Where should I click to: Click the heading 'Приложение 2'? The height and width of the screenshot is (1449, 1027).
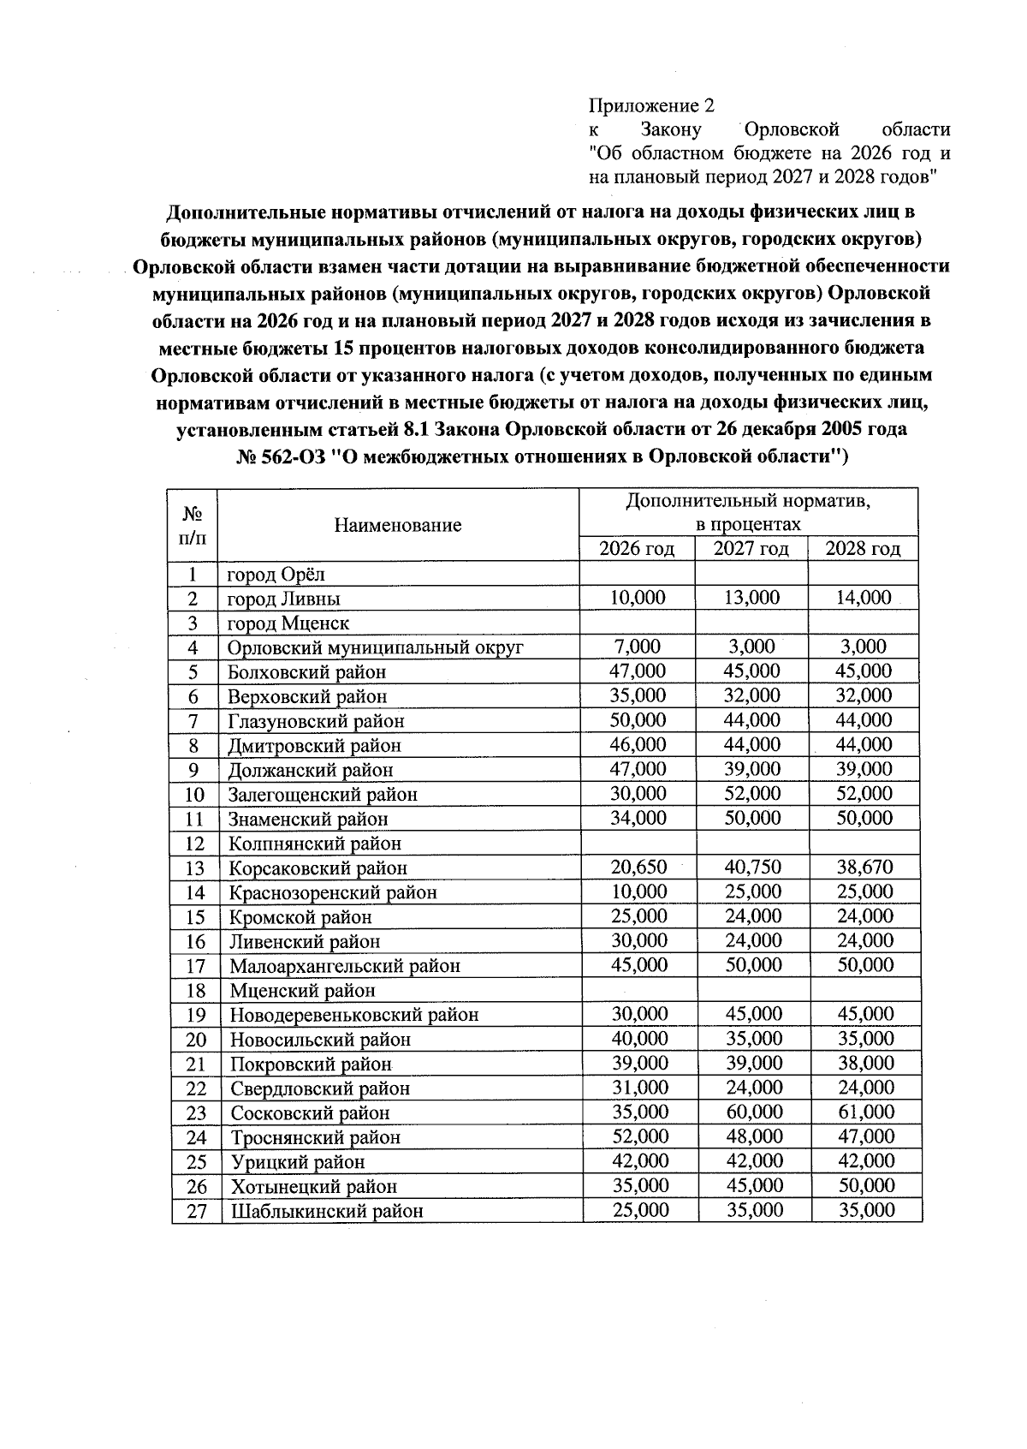(x=650, y=105)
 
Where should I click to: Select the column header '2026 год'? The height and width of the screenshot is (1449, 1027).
(x=636, y=549)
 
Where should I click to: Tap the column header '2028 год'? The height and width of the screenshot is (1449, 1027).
(x=863, y=549)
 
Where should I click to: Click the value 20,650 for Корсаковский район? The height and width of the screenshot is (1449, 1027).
(x=638, y=868)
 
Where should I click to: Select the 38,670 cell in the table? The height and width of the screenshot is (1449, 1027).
(x=864, y=868)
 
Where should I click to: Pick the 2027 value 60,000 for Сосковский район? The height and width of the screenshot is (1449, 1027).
(x=753, y=1112)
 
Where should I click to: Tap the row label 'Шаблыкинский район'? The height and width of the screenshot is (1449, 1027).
(x=326, y=1211)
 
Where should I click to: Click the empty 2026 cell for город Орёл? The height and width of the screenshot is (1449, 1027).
(x=637, y=573)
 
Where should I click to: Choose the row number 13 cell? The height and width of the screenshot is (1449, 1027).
(x=195, y=868)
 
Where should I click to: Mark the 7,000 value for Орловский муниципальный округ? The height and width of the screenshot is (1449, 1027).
(x=638, y=647)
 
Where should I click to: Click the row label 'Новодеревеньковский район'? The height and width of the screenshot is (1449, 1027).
(x=353, y=1016)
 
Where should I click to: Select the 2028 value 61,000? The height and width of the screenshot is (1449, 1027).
(x=865, y=1112)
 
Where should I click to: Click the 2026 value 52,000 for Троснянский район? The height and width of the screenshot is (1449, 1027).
(x=639, y=1137)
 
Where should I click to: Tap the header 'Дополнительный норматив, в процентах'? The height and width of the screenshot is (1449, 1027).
(x=748, y=512)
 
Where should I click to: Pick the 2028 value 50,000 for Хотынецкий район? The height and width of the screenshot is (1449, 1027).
(x=865, y=1186)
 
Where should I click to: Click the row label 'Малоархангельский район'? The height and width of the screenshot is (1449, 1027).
(x=344, y=966)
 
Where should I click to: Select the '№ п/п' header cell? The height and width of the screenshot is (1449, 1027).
(x=193, y=525)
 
